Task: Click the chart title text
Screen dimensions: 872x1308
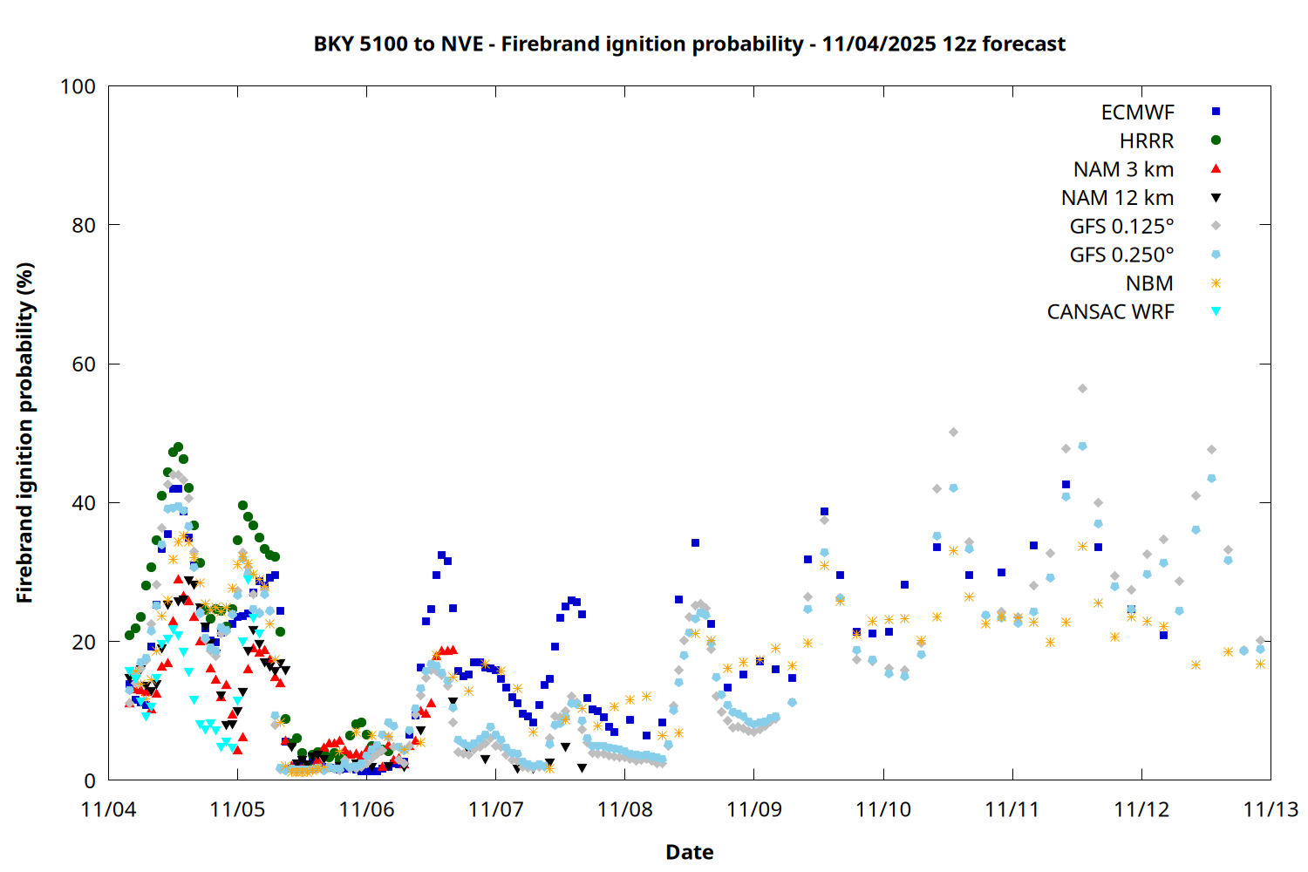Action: [x=689, y=44]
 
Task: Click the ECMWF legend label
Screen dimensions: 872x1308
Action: [x=1137, y=112]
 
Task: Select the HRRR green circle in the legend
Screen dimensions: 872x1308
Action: [x=1216, y=140]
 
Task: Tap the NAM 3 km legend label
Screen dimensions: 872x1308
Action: [x=1123, y=169]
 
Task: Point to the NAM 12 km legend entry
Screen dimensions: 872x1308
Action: [x=1117, y=198]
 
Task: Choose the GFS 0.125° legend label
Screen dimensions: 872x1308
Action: [x=1121, y=227]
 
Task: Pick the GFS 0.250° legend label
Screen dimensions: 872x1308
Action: [x=1121, y=255]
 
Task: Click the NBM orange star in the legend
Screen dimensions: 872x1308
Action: [x=1216, y=283]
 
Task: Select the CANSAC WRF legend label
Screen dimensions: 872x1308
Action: [x=1110, y=312]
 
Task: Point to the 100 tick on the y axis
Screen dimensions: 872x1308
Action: [x=78, y=86]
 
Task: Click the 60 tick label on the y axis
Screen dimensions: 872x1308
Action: [x=84, y=364]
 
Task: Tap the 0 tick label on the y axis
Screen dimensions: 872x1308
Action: [x=90, y=781]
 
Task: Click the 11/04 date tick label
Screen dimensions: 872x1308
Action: [x=108, y=809]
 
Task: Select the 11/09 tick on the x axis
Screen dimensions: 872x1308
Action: [x=753, y=809]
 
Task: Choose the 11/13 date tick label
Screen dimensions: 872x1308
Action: [x=1270, y=809]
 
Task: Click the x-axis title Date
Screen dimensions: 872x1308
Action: [x=689, y=852]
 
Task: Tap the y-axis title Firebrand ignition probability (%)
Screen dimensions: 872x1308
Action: [x=25, y=433]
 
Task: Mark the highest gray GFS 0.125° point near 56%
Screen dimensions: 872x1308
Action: [x=1082, y=389]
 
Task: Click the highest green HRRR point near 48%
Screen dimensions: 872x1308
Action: [x=178, y=446]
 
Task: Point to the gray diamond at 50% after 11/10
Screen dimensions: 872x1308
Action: [x=953, y=433]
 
